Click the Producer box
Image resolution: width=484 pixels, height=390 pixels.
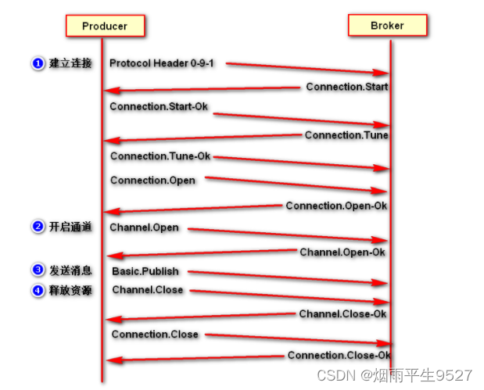[x=105, y=26]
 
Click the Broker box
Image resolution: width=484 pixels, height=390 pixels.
[x=387, y=26]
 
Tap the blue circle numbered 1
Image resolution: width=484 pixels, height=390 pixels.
[x=38, y=63]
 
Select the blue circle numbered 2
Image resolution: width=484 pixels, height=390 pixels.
[x=38, y=227]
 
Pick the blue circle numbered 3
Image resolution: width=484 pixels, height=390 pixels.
[x=38, y=270]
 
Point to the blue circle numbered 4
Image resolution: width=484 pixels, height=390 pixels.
[x=38, y=291]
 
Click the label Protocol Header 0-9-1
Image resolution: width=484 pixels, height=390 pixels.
[x=162, y=63]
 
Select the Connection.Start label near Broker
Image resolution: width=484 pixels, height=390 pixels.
[x=346, y=87]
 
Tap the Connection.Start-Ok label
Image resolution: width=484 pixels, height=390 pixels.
[x=159, y=106]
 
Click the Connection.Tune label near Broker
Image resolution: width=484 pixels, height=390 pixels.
[x=346, y=135]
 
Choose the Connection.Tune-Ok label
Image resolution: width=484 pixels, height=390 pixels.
[x=160, y=156]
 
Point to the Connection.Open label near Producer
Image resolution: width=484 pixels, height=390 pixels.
[x=152, y=181]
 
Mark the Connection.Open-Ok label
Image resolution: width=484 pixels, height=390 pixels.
[x=336, y=206]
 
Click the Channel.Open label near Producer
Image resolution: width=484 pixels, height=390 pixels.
[x=144, y=228]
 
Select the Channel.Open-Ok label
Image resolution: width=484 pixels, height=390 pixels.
[x=342, y=252]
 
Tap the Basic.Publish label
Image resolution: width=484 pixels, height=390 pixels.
[x=145, y=272]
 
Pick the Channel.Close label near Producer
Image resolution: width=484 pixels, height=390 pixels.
[x=147, y=290]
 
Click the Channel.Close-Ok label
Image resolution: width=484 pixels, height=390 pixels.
[x=342, y=314]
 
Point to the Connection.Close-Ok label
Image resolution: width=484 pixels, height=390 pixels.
[x=338, y=356]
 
